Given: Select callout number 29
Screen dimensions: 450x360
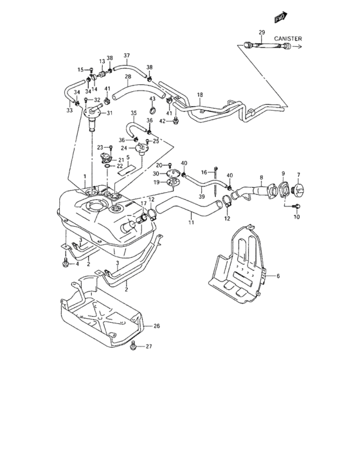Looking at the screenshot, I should pos(262,32).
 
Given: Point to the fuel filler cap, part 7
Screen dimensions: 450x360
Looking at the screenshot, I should pos(300,190).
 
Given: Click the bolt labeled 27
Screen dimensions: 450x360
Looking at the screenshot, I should pos(133,346).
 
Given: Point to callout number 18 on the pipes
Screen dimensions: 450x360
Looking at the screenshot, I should pos(199,95).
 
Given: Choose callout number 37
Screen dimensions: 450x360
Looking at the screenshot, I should pos(127,55).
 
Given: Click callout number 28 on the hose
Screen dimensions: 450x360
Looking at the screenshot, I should pos(128,77).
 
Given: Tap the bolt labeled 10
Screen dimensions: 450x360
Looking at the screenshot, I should pos(295,207).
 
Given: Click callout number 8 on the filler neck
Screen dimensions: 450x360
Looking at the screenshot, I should pos(261,177).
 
